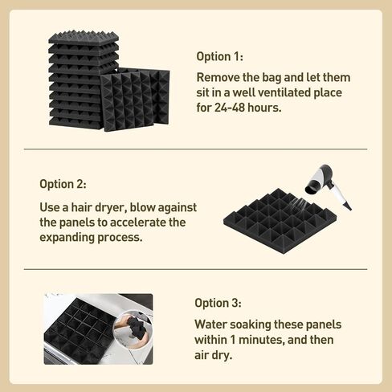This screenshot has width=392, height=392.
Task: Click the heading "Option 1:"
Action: (x=220, y=56)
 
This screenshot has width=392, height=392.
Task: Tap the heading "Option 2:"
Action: (x=63, y=184)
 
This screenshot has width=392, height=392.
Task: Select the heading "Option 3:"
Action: (x=218, y=303)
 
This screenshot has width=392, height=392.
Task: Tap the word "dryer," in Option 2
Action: (x=110, y=208)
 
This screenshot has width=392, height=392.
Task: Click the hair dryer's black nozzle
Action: (x=312, y=187)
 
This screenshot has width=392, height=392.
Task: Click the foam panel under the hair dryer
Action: (x=280, y=221)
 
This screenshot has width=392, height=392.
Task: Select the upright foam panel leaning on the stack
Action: (x=135, y=100)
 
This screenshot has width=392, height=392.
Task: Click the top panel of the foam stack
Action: (x=84, y=37)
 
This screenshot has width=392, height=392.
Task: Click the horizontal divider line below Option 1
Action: (x=196, y=149)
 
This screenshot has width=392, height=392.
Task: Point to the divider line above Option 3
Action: (x=196, y=269)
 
